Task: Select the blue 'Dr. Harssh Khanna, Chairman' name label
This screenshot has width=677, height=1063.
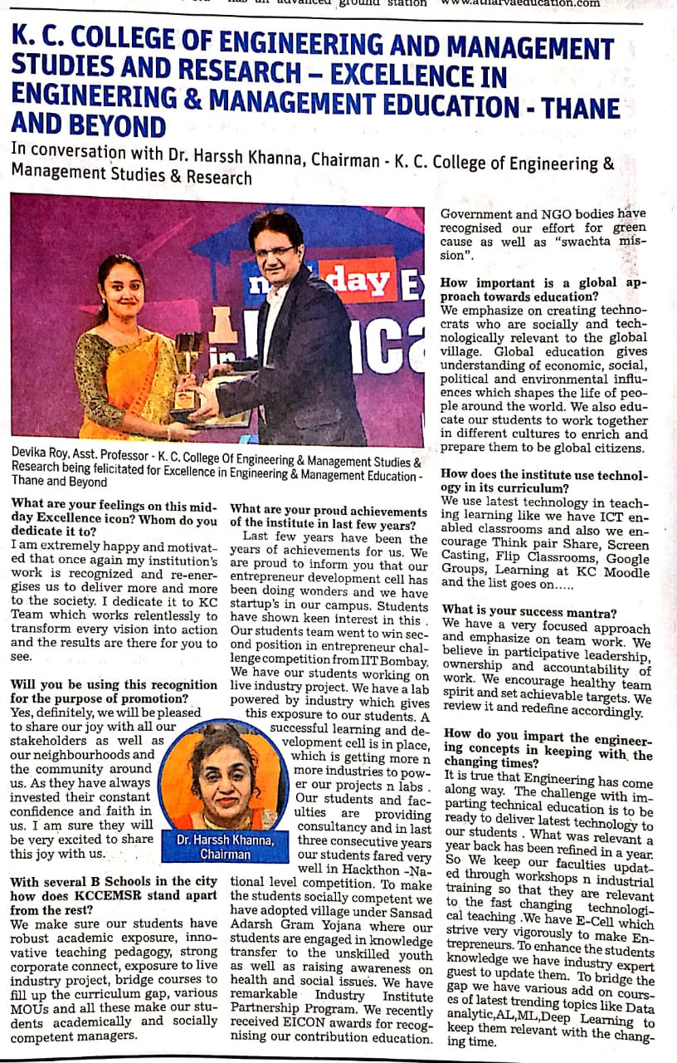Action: pyautogui.click(x=225, y=846)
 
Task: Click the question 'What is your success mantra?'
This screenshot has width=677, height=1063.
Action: pyautogui.click(x=529, y=612)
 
